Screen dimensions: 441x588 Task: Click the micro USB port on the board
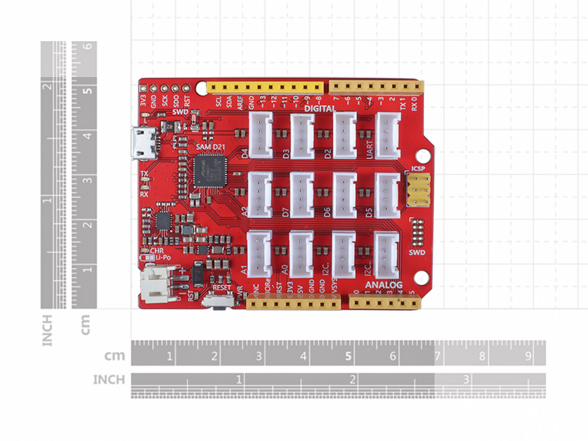coord(144,143)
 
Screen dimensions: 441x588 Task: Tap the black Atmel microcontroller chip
coord(209,171)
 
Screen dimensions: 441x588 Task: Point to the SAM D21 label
coord(210,147)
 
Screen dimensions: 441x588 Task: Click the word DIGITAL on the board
coord(320,108)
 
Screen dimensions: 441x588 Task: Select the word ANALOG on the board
coord(383,285)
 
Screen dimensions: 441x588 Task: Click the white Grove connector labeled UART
coord(387,136)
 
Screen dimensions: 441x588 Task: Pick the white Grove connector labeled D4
coord(261,135)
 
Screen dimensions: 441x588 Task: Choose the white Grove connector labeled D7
coord(302,195)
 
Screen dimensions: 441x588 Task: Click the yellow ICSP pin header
coord(418,190)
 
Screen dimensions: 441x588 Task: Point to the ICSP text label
coord(418,169)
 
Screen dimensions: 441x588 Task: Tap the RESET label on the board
coord(221,288)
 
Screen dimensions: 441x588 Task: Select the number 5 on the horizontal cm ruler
coord(348,356)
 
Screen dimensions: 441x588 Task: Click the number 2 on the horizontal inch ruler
coord(352,380)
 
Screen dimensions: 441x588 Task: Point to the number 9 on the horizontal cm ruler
coord(528,356)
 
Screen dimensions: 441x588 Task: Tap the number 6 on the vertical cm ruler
coord(87,46)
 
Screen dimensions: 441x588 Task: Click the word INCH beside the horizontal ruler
coord(109,380)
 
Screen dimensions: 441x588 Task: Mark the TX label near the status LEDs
coord(144,173)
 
